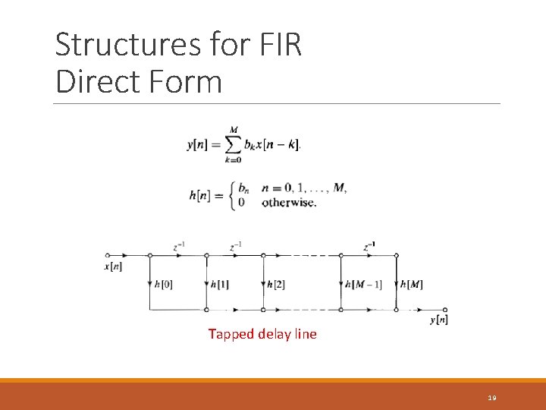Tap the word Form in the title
point(187,81)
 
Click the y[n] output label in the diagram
point(439,320)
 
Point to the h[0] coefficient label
point(163,285)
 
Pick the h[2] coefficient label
point(275,285)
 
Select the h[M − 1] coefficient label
point(364,285)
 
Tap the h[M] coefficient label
point(412,285)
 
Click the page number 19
point(492,398)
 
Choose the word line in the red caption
point(305,334)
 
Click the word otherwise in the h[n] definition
point(289,203)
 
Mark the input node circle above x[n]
point(108,255)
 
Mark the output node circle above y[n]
point(445,310)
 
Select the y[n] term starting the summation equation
point(199,145)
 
